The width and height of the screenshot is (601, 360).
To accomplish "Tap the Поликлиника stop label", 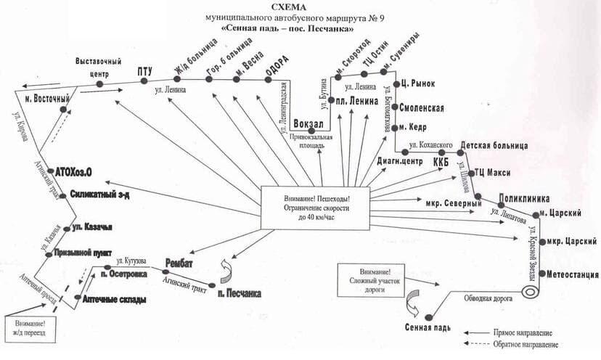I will coord(523,198).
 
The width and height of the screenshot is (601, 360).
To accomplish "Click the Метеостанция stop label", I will coord(573,274).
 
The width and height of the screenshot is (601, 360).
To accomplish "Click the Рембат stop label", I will coord(179,260).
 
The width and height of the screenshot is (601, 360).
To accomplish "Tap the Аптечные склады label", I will coord(113,300).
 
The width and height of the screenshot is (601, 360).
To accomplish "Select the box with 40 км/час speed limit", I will coord(315,208).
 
